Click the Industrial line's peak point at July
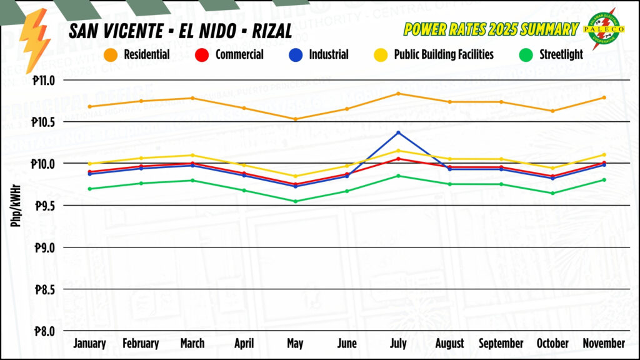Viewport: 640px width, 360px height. [398, 132]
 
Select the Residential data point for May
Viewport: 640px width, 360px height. [295, 119]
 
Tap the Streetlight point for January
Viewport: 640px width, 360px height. [89, 189]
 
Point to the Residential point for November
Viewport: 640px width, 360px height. [604, 97]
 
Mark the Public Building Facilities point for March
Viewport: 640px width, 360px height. [192, 155]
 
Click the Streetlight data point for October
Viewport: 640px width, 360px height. [552, 193]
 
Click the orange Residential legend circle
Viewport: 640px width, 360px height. [112, 55]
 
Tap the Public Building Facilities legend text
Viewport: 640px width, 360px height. [444, 55]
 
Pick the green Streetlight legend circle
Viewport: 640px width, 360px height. [527, 55]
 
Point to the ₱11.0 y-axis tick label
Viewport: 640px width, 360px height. [42, 80]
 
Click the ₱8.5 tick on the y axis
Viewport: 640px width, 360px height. [43, 289]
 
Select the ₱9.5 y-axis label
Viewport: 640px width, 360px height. [43, 206]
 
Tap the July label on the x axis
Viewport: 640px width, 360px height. [398, 344]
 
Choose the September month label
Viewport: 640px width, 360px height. [501, 344]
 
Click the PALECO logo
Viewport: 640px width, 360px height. [604, 28]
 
